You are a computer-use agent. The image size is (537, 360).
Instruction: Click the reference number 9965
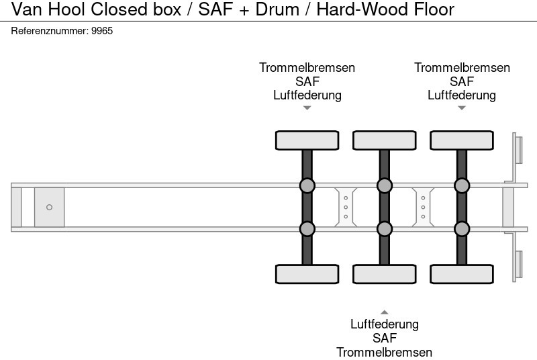pos(102,31)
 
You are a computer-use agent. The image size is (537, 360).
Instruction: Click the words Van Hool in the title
pos(44,9)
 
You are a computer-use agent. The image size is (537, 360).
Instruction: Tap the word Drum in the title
pos(280,9)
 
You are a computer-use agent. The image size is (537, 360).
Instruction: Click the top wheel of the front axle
pos(307,140)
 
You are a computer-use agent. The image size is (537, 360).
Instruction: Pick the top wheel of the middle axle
pos(384,140)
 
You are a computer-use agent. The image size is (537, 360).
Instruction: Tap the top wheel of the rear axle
pos(461,140)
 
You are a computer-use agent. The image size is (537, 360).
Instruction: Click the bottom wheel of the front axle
pos(307,274)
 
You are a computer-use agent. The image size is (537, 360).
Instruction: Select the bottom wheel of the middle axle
pos(384,274)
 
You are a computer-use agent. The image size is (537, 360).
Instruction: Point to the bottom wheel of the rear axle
pos(461,274)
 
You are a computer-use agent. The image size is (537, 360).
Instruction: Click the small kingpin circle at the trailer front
pos(49,208)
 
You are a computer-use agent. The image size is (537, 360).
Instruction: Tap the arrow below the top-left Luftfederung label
pos(307,108)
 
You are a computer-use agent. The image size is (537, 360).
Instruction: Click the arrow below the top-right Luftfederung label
pos(461,108)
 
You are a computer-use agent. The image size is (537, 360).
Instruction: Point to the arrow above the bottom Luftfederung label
pos(384,312)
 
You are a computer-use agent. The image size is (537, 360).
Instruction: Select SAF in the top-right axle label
pos(462,81)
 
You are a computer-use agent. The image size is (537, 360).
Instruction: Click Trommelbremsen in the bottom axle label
pos(384,352)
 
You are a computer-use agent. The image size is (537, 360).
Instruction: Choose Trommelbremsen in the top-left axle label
pos(307,68)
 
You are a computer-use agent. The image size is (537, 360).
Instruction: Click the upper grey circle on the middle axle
pos(384,185)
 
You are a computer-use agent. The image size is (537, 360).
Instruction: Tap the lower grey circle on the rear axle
pos(461,229)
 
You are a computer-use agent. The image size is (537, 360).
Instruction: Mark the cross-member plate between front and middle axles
pos(345,207)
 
